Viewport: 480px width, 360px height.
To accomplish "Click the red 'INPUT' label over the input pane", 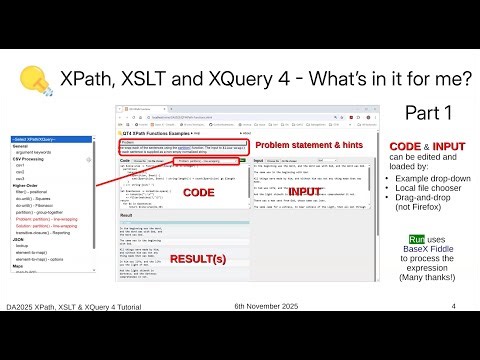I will pyautogui.click(x=306, y=190).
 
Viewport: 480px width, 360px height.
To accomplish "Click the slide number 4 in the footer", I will pyautogui.click(x=453, y=333).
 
